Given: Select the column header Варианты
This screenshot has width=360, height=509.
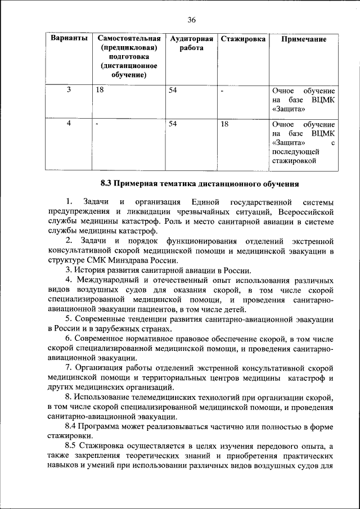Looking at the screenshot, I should click(69, 39).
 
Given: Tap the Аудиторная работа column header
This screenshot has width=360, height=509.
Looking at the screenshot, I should click(191, 44).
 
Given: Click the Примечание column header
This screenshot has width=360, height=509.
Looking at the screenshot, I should click(304, 39).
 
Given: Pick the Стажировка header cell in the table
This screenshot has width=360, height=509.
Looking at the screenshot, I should click(243, 39).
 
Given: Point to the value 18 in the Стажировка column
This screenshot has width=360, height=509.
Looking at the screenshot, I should click(224, 124).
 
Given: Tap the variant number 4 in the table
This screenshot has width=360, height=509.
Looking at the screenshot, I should click(68, 124).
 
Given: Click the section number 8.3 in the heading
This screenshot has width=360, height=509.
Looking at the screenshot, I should click(108, 183).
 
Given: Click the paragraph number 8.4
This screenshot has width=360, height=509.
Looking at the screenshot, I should click(72, 425).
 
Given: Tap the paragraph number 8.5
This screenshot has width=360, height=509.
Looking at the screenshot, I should click(72, 444).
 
